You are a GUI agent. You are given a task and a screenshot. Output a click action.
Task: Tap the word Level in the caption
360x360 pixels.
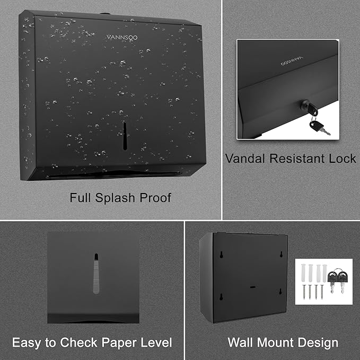[x=154, y=343]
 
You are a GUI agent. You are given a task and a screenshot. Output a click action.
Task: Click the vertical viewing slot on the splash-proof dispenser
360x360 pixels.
[x=125, y=136]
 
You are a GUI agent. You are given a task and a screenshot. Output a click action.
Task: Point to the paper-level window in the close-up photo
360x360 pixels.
[x=95, y=273]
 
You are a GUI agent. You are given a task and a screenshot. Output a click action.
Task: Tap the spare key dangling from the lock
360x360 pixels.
[x=319, y=127]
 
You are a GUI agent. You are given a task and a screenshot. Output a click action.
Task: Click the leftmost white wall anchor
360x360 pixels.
[x=303, y=275]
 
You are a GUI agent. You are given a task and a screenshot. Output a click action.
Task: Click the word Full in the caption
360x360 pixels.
[x=80, y=198]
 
